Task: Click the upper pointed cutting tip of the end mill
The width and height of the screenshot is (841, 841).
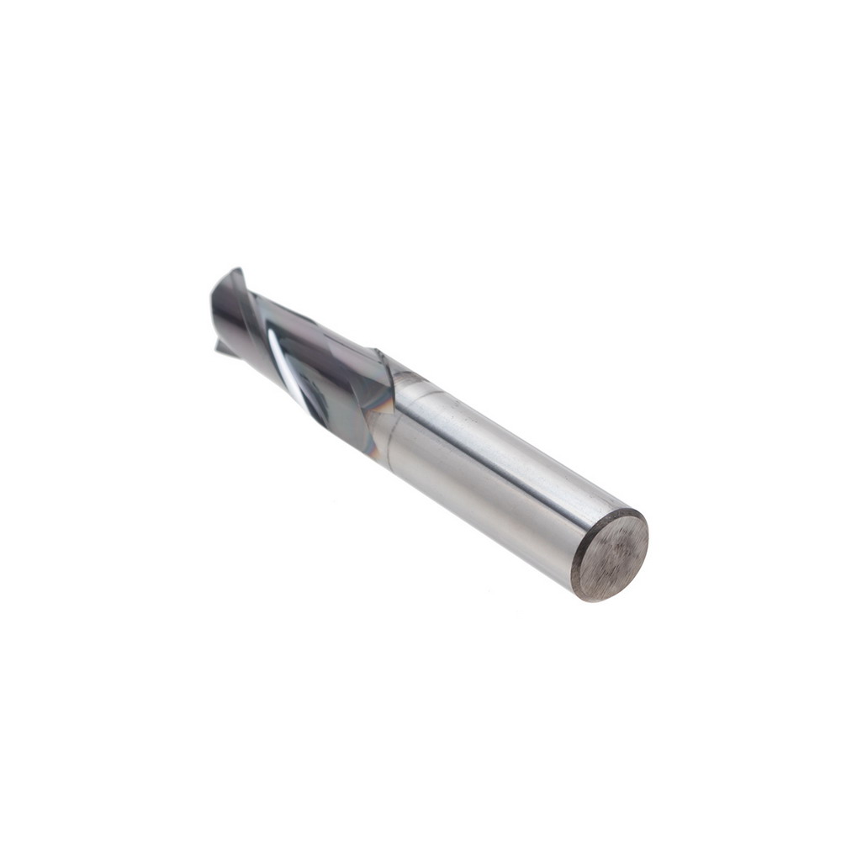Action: pos(236,272)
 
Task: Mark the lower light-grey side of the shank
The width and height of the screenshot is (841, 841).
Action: pos(488,521)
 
